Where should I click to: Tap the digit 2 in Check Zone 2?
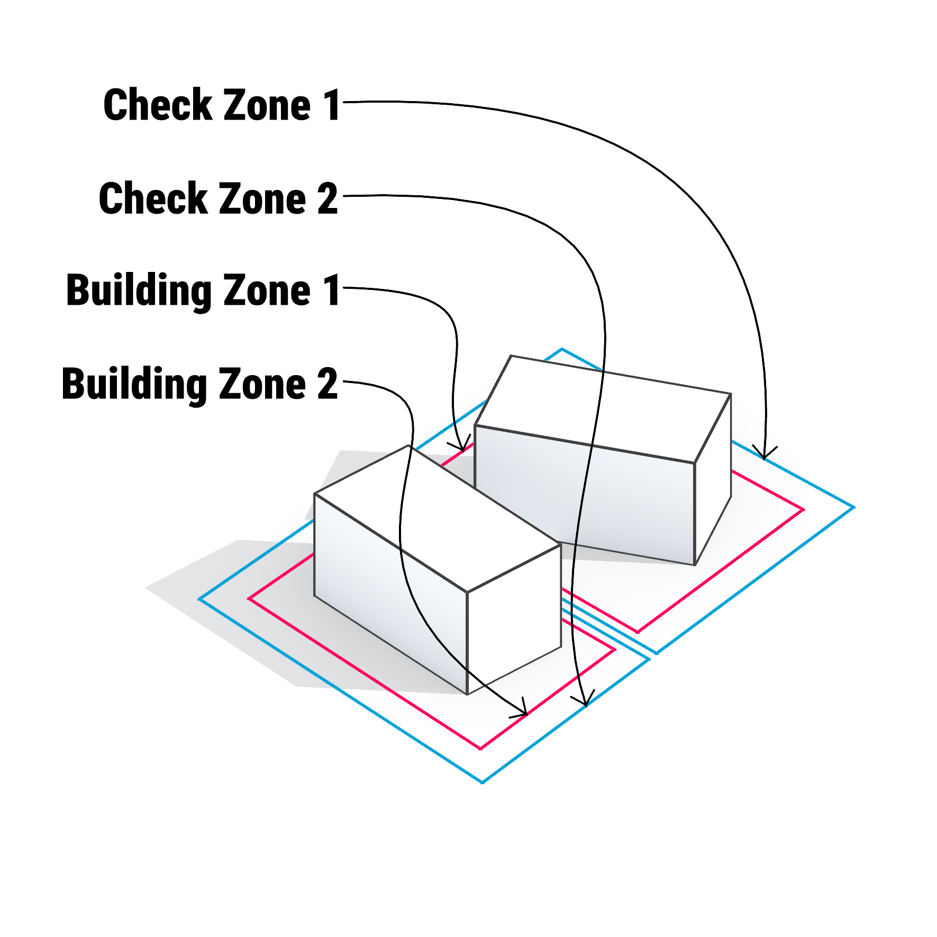328,199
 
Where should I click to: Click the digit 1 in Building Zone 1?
332,290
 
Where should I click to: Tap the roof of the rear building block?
603,407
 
